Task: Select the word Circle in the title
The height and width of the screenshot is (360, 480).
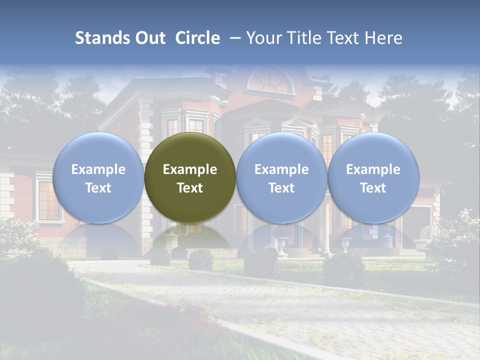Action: (197, 38)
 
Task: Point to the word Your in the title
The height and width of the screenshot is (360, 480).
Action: (263, 38)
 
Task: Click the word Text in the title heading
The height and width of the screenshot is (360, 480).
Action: (344, 38)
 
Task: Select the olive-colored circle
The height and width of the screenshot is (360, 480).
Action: (190, 177)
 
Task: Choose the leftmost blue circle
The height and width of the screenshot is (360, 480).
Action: (98, 177)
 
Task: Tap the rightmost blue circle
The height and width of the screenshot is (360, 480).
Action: (373, 177)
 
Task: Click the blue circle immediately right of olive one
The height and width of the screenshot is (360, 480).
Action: (281, 177)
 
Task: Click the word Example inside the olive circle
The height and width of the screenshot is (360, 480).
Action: (190, 169)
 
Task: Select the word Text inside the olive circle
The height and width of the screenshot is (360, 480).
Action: (190, 188)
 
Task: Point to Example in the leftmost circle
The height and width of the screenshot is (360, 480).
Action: (98, 169)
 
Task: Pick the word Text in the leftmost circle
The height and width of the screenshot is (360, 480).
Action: (98, 188)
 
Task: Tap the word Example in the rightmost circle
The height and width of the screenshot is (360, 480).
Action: (373, 169)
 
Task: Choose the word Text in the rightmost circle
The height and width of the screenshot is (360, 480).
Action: (373, 188)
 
